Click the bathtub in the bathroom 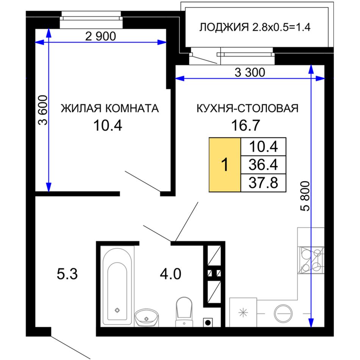117,287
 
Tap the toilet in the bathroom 184,312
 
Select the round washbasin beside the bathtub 147,318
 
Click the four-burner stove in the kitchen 311,260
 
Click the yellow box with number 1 225,164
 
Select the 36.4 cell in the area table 263,164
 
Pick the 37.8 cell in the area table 263,183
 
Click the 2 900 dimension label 100,36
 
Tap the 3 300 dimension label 250,72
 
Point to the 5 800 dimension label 305,196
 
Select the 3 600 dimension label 43,110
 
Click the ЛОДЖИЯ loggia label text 224,27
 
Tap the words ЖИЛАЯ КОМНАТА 110,108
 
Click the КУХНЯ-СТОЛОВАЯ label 247,108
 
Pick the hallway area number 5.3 67,274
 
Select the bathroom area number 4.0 171,274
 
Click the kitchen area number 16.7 246,125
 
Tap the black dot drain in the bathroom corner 208,322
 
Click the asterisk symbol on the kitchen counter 243,313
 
